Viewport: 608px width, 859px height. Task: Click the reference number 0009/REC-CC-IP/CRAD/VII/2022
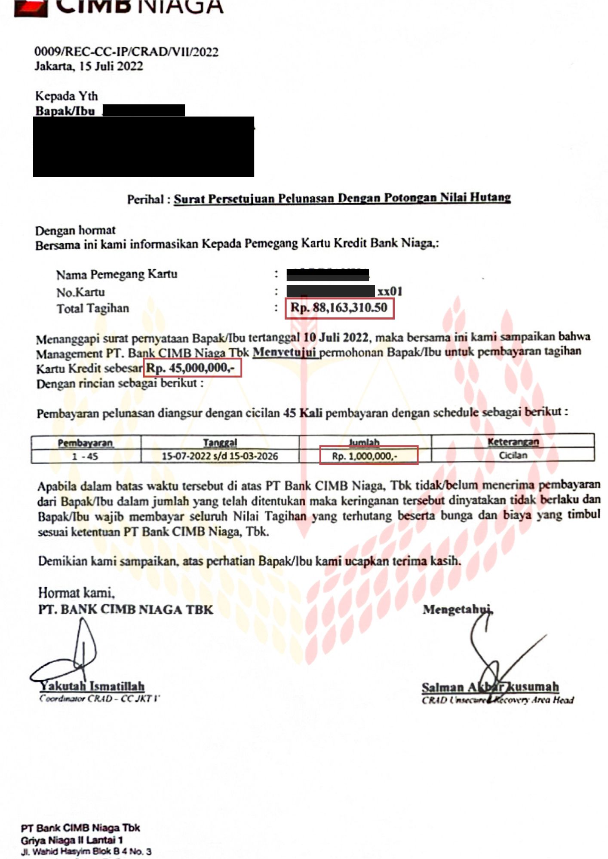point(126,52)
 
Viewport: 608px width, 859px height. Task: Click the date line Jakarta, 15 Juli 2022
point(89,66)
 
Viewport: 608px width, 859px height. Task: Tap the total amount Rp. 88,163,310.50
point(339,308)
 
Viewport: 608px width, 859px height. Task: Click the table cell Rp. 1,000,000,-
point(364,456)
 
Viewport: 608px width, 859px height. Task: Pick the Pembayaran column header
point(86,442)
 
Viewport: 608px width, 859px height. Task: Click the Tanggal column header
point(220,442)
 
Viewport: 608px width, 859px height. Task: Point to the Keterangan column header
point(513,442)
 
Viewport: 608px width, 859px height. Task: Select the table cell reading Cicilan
point(513,455)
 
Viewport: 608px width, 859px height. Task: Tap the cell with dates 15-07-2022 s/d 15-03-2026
point(220,456)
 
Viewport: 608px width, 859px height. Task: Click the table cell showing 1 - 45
point(85,456)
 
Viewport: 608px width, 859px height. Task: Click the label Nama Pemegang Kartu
point(117,274)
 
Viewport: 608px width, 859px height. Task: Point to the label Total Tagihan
point(93,308)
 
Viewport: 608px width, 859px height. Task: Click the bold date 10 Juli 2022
point(336,337)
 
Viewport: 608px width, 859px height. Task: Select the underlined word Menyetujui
point(285,353)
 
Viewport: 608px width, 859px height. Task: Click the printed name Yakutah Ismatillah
point(92,686)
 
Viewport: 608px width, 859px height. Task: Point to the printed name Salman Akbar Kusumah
point(490,687)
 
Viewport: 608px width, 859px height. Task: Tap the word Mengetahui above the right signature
point(458,609)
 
